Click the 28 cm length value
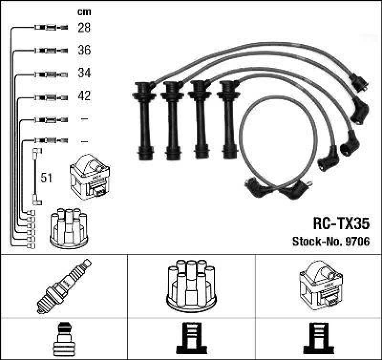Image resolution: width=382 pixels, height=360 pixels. pos(84,28)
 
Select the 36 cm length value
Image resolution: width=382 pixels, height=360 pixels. pos(84,51)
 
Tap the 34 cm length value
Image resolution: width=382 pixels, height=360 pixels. pos(84,74)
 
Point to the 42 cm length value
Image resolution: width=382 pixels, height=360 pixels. pos(84,96)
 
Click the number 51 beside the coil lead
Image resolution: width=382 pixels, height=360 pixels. pos(46,178)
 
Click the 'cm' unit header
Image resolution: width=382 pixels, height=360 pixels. pos(84,12)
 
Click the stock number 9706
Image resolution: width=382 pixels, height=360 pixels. pos(357,242)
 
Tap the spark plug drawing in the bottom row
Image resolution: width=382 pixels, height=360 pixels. pos(64,286)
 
